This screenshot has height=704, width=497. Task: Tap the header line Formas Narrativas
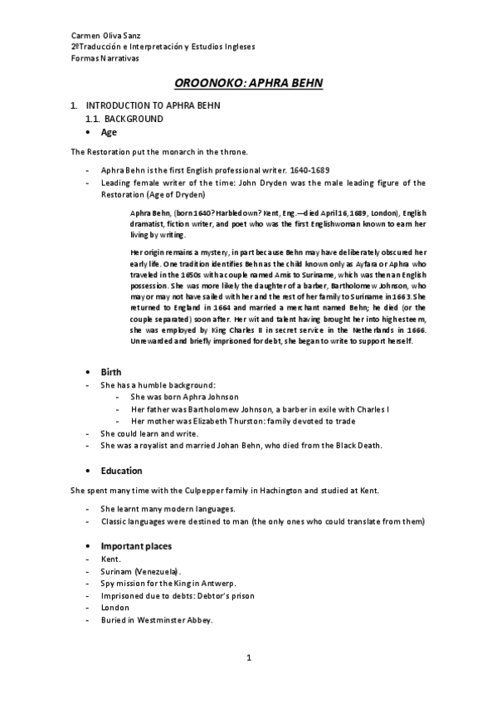[x=105, y=58]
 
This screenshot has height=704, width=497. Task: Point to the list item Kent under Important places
[x=110, y=560]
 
